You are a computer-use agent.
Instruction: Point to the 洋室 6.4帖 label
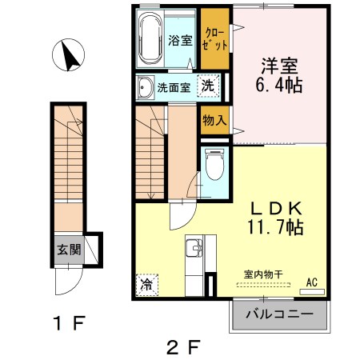tap(279, 73)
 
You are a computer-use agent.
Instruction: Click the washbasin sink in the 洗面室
tap(146, 87)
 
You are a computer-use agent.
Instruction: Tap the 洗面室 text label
tap(174, 87)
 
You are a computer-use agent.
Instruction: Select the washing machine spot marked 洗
tap(207, 86)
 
